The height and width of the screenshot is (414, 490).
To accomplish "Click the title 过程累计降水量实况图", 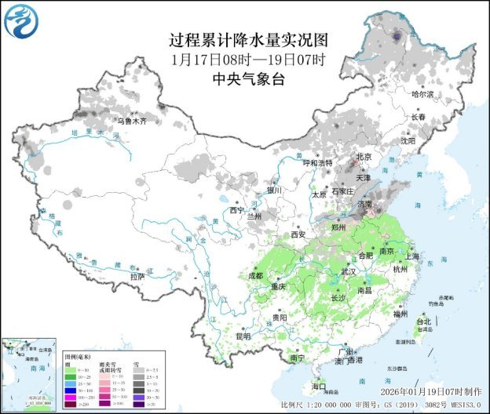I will tap(248, 40).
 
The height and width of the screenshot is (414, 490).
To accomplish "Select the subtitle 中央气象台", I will tap(248, 78).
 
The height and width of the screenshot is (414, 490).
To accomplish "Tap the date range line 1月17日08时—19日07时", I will tap(248, 60).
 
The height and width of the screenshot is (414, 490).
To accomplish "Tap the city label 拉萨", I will tap(137, 276).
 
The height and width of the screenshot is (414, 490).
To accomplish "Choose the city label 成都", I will tap(256, 276).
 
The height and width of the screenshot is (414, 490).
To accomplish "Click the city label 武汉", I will tap(348, 271).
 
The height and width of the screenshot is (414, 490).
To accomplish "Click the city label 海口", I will tap(318, 387).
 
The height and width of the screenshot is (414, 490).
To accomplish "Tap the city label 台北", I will tap(423, 321).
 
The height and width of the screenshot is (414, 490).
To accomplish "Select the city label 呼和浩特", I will tap(318, 162).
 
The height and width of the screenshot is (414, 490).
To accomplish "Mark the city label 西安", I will tap(298, 234).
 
